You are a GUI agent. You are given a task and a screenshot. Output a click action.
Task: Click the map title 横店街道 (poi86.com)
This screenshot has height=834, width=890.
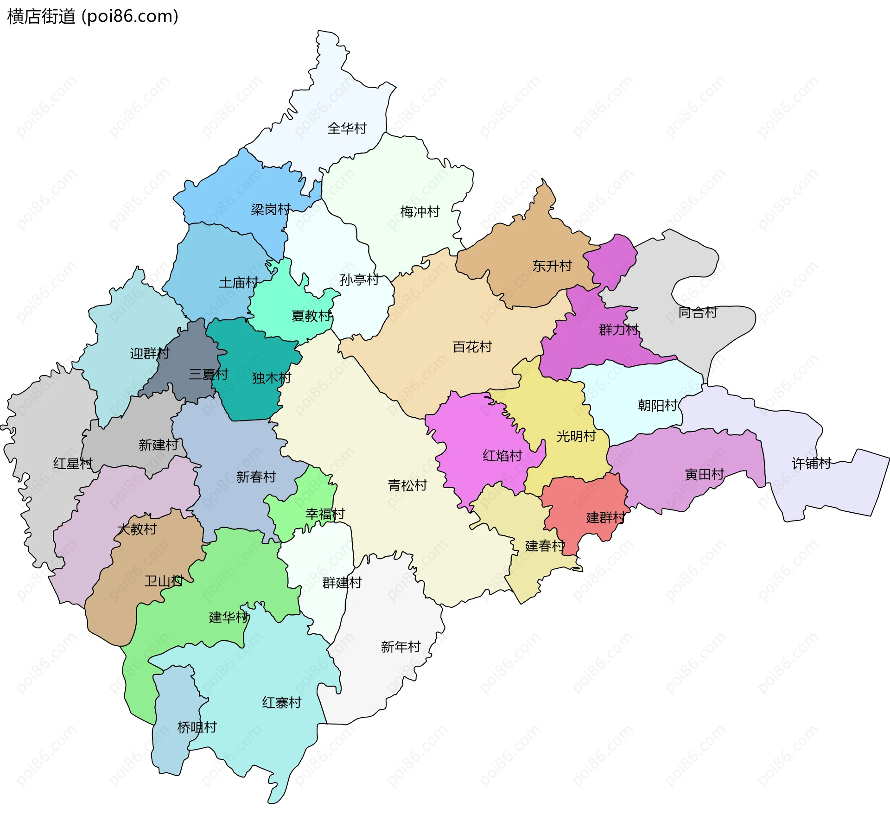coord(93,17)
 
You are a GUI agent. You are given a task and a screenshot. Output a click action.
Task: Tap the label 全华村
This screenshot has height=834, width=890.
coord(347,128)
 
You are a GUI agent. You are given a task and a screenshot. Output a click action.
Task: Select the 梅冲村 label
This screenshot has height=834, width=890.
coord(420,212)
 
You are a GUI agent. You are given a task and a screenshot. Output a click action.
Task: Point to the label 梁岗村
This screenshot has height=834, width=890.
coord(271,210)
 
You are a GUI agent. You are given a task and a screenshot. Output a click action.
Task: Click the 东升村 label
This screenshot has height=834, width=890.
coord(552,266)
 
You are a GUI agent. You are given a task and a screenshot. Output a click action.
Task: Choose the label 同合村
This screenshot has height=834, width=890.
coord(697,312)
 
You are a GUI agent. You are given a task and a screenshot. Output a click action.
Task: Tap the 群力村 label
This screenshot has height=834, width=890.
coord(618,330)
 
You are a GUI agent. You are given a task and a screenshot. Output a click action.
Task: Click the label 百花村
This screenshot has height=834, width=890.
coord(472,347)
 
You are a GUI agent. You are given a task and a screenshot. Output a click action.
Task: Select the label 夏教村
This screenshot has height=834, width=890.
coord(311,316)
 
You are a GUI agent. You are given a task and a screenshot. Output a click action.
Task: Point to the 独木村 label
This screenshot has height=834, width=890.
coord(271,378)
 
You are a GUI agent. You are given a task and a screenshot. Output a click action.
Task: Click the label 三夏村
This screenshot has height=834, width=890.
coord(208,374)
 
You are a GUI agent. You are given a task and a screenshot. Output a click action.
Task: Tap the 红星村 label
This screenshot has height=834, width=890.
coord(73,463)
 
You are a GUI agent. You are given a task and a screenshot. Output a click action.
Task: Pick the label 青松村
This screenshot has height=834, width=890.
coord(407,485)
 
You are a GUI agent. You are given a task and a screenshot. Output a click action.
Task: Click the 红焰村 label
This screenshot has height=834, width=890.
coord(502,456)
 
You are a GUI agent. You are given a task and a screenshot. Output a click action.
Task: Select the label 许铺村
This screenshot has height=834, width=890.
coord(811,463)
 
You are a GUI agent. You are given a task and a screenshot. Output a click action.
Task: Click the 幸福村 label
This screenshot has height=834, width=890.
coord(325,514)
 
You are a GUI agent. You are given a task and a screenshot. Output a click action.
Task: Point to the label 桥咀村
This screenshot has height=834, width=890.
coord(197,727)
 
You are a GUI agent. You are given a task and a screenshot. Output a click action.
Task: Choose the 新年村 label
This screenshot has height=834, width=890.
coord(400,647)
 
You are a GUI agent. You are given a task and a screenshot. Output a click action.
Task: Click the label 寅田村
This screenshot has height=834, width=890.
coord(704,474)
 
